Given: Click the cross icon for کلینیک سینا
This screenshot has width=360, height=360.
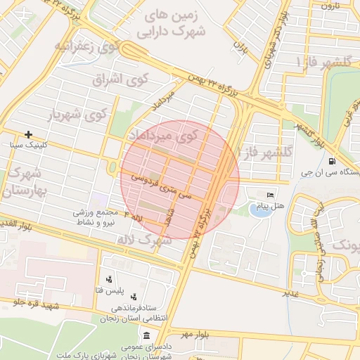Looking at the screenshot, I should click(x=28, y=134).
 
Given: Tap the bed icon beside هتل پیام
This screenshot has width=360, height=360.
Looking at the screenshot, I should click(x=270, y=195).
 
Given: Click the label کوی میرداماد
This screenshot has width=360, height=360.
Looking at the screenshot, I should click(x=162, y=134).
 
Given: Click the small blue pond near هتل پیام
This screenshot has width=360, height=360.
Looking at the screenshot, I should click(x=259, y=210).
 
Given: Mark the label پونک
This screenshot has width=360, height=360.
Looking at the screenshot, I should click(x=345, y=245).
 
